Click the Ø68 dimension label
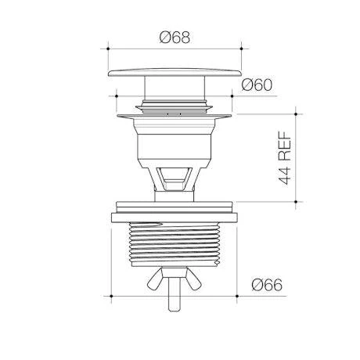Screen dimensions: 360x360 [x=175, y=38]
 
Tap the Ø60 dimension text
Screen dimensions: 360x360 [x=257, y=85]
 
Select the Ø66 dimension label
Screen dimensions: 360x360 [x=267, y=285]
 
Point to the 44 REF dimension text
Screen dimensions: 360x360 [x=285, y=158]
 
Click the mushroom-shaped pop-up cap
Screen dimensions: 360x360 [x=175, y=73]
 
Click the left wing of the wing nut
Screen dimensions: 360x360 [x=155, y=279]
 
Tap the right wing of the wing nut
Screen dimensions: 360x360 [x=193, y=279]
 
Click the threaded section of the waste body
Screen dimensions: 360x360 [x=175, y=244]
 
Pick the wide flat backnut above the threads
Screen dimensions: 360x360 [x=175, y=218]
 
